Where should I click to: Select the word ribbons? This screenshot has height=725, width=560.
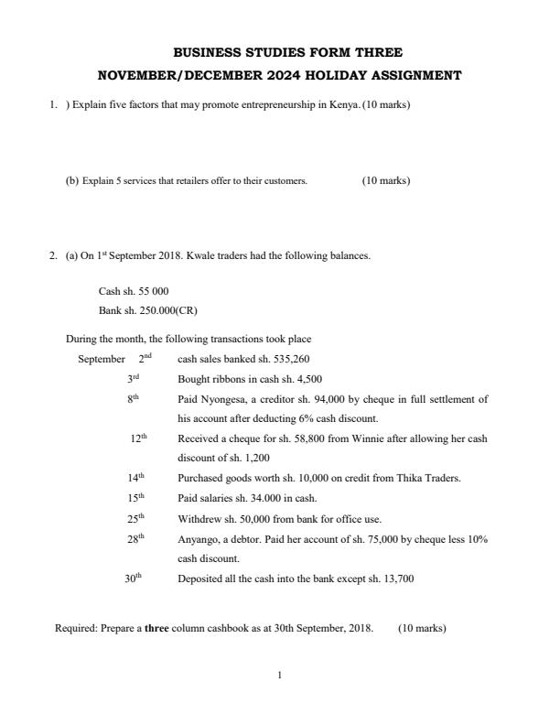pos(224,379)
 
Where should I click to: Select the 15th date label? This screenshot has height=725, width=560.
pos(135,497)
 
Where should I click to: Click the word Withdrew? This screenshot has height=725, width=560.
pos(198,518)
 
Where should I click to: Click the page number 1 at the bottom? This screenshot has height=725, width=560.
pos(280,676)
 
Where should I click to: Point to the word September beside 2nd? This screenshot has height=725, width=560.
pos(102,359)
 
